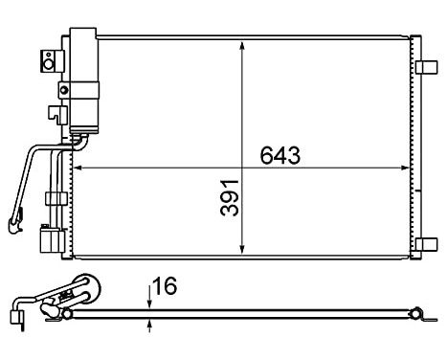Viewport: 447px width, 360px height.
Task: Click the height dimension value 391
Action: pyautogui.click(x=228, y=197)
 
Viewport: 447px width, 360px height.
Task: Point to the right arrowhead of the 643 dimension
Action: pyautogui.click(x=403, y=169)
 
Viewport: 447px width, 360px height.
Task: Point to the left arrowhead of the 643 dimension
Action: pyautogui.click(x=79, y=169)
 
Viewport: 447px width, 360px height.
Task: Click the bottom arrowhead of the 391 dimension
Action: pyautogui.click(x=241, y=251)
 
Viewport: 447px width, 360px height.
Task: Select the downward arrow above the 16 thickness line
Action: pyautogui.click(x=150, y=301)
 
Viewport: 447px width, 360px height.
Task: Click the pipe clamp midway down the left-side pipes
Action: pyautogui.click(x=56, y=198)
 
